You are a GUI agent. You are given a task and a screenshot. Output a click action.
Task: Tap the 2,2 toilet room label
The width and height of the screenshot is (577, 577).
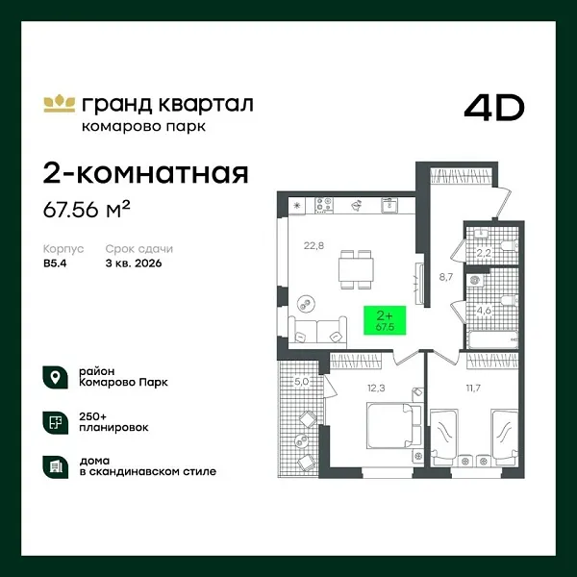[x=485, y=254]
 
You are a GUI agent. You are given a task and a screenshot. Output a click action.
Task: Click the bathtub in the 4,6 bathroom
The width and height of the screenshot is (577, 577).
[x=489, y=339]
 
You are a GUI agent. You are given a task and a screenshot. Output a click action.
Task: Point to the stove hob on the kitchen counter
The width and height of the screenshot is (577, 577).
[x=325, y=205]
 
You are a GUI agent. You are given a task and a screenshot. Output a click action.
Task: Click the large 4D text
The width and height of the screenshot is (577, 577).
[x=493, y=108]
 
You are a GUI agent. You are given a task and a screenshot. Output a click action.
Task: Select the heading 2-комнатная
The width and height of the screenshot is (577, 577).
[x=146, y=173]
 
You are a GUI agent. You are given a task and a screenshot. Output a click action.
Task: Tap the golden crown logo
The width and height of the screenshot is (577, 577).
[x=59, y=102]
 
